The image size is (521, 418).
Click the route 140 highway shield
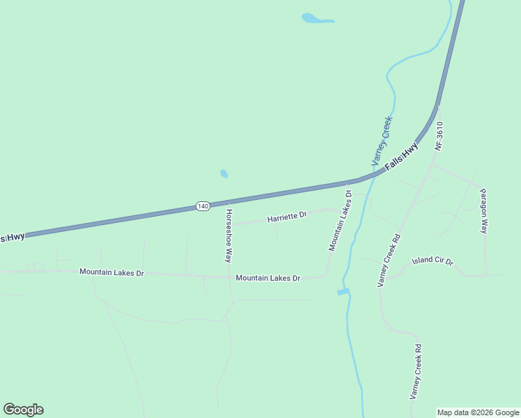(203, 206)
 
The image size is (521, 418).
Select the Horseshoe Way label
(228, 235)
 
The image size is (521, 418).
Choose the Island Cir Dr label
(432, 262)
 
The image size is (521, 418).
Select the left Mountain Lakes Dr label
(111, 272)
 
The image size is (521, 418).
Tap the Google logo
(23, 410)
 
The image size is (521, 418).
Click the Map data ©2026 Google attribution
(479, 412)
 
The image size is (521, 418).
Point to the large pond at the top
(317, 18)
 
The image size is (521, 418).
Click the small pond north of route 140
(224, 173)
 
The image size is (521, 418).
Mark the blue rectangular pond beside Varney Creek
(343, 291)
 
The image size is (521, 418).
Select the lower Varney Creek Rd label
(415, 371)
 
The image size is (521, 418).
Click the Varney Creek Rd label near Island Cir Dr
(389, 260)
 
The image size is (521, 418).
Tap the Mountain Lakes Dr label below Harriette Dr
(267, 278)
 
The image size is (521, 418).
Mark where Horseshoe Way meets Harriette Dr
(230, 225)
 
